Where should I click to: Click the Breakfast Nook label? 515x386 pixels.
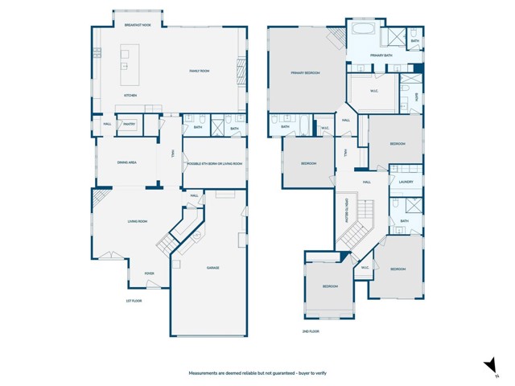(x=138, y=26)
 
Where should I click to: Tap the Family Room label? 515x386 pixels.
(x=200, y=72)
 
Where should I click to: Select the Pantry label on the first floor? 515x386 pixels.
(x=129, y=124)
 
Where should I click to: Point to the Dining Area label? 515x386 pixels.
(x=126, y=162)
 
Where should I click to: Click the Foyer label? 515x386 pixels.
(x=149, y=273)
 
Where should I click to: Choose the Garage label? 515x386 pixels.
(x=213, y=268)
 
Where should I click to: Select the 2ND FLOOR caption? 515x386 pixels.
(x=311, y=331)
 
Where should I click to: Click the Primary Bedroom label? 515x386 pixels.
(x=306, y=73)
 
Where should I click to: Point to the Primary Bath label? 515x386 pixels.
(x=381, y=55)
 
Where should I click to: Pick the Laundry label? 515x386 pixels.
(x=406, y=182)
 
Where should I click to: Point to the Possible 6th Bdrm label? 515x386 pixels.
(x=214, y=163)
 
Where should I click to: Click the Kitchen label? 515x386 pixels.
(x=130, y=96)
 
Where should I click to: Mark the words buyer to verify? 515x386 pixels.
(x=309, y=373)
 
